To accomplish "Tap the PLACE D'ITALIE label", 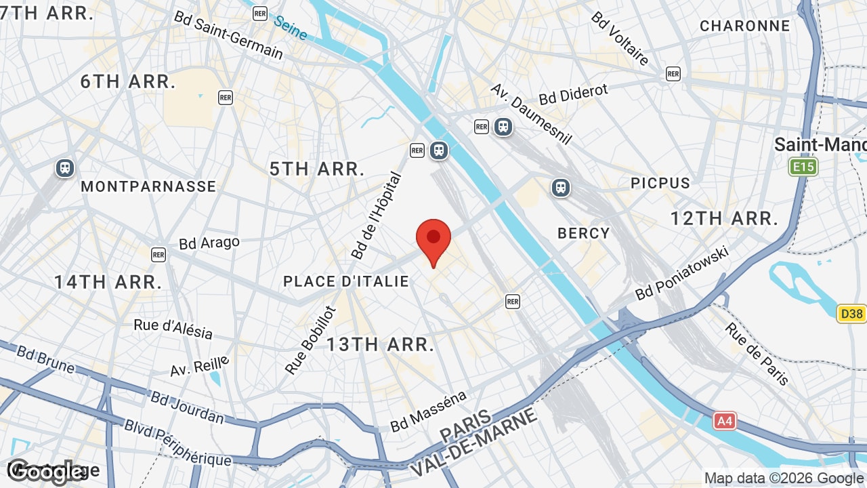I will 346,281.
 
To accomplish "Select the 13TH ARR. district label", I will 380,344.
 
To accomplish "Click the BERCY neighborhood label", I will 584,233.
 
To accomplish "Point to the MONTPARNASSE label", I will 148,186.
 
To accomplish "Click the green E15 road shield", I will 803,167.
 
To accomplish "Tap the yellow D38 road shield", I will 851,314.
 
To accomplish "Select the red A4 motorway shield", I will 725,421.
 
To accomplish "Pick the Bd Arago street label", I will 209,243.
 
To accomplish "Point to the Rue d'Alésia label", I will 173,328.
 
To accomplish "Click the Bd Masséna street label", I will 429,411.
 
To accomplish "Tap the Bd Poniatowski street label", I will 681,273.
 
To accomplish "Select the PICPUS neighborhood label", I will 660,183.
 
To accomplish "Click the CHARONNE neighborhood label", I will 745,26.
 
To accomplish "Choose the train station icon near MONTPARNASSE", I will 65,167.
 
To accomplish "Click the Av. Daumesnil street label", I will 532,114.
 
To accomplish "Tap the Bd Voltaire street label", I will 620,38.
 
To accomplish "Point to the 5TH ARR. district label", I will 317,169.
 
